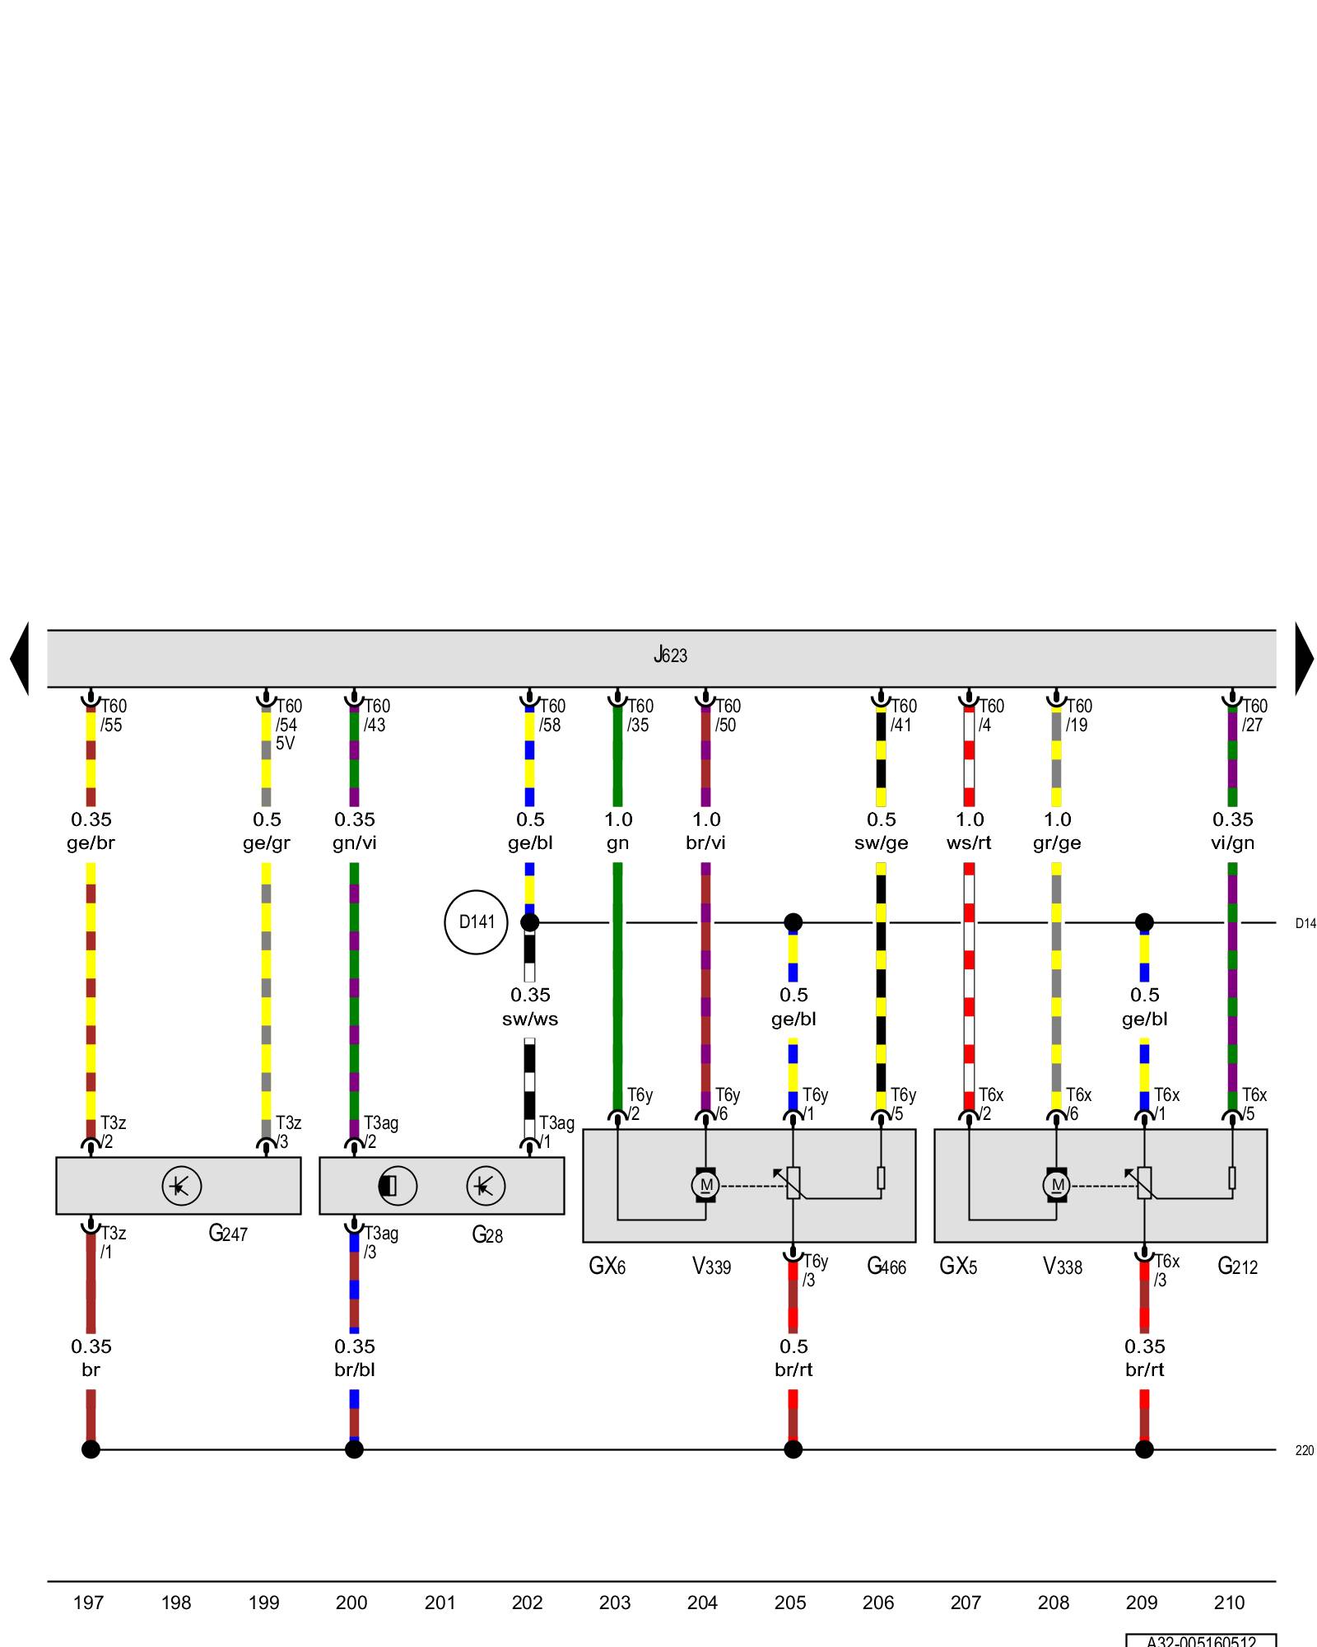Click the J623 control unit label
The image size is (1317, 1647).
coord(670,656)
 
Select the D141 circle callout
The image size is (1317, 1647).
coord(476,922)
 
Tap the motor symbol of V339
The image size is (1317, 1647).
coord(705,1185)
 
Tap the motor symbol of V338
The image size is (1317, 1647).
coord(1057,1185)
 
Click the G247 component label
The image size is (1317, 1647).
coord(228,1234)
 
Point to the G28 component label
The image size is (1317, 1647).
coord(487,1234)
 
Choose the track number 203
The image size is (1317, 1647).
coord(615,1603)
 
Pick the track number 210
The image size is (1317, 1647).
coord(1229,1603)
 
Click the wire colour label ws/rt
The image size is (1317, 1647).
coord(969,843)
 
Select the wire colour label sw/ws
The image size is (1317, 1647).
coord(530,1019)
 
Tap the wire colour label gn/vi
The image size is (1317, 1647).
coord(355,843)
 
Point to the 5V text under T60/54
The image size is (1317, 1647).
coord(285,744)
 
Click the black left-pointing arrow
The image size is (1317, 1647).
coord(20,658)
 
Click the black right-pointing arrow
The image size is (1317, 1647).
coord(1304,658)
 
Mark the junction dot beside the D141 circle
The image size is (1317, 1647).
coord(530,922)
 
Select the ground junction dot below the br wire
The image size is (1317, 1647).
coord(91,1449)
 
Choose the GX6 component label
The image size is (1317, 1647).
coord(607,1267)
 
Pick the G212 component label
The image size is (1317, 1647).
coord(1237,1267)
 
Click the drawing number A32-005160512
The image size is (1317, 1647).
coord(1201,1641)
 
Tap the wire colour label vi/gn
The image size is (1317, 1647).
coord(1232,843)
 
